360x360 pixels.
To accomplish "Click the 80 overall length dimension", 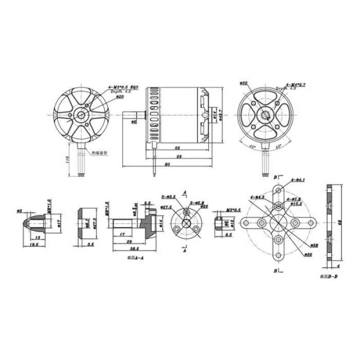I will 167,165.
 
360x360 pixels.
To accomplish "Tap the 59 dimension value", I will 179,156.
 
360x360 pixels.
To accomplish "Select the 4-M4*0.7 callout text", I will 284,84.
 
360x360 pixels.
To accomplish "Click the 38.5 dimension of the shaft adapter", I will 134,248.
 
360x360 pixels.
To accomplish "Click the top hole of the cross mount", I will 279,191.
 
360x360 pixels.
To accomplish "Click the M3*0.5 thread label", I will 233,209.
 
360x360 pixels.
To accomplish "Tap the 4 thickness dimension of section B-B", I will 338,266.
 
